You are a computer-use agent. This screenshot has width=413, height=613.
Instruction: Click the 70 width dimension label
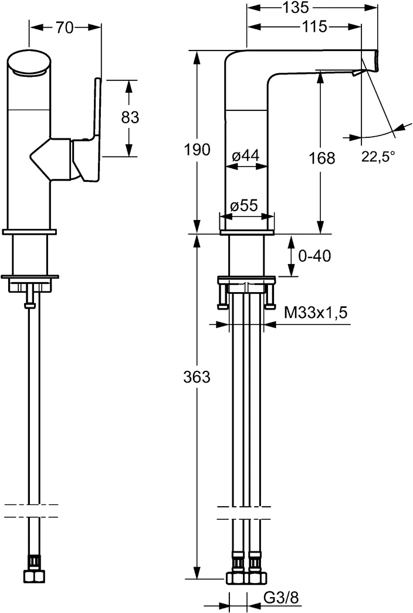[x=65, y=28]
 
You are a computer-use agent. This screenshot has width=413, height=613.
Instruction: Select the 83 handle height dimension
[x=130, y=117]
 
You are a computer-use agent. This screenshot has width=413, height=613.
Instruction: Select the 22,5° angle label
[x=378, y=156]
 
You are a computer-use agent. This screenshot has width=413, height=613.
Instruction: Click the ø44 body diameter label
[x=245, y=155]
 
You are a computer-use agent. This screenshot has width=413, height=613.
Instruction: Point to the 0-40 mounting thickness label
[x=314, y=256]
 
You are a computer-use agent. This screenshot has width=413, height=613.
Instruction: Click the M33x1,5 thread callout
[x=316, y=313]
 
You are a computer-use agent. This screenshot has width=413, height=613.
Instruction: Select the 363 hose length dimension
[x=197, y=377]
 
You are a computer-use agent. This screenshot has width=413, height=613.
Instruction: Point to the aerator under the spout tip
[x=357, y=73]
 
